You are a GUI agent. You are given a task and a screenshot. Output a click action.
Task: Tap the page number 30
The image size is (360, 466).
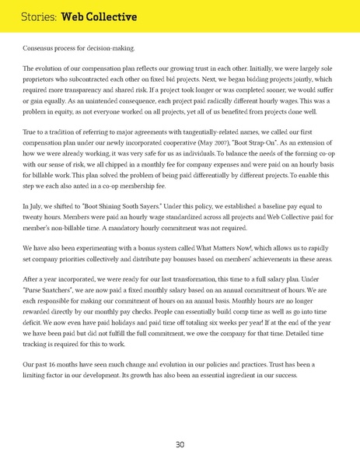180,444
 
